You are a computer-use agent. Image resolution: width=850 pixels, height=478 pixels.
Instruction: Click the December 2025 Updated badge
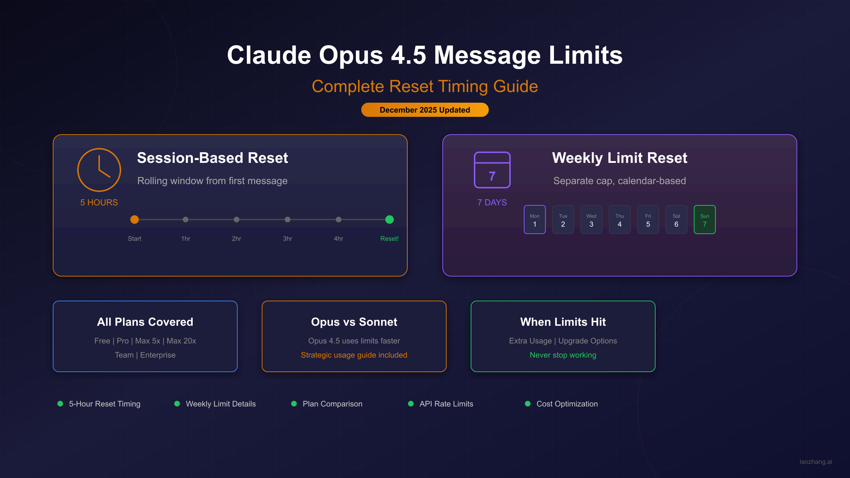425,110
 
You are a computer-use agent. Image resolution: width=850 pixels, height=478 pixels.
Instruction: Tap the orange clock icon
99,170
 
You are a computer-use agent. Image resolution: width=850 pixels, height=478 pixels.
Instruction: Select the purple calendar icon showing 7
492,170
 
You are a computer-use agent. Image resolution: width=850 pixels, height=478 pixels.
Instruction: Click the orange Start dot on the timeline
135,220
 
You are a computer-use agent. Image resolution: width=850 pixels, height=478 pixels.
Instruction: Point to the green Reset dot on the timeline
390,220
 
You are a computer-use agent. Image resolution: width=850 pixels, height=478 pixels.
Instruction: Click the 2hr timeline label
237,239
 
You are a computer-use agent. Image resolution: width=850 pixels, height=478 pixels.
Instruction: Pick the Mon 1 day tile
535,220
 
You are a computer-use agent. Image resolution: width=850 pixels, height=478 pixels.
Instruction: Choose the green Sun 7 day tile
705,220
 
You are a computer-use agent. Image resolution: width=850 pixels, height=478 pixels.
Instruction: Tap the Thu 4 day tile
620,220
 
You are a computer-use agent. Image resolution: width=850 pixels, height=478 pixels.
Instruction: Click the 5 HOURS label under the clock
99,203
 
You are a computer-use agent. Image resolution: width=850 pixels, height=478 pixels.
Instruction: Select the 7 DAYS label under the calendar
492,203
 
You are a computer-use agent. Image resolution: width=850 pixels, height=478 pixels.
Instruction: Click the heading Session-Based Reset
212,158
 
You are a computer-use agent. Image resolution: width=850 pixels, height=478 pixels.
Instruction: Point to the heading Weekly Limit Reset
619,158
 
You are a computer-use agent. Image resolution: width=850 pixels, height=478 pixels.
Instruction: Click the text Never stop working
563,355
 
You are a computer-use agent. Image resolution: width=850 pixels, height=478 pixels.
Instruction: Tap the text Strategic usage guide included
354,355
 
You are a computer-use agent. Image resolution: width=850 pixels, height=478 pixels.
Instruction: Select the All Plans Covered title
145,322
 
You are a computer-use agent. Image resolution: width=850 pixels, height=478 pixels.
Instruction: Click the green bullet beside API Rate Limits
411,404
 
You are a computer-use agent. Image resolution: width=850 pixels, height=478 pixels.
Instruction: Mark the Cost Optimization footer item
567,404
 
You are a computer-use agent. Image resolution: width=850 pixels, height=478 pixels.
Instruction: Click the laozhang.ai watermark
816,462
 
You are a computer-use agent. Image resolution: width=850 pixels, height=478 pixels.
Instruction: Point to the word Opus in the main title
351,55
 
